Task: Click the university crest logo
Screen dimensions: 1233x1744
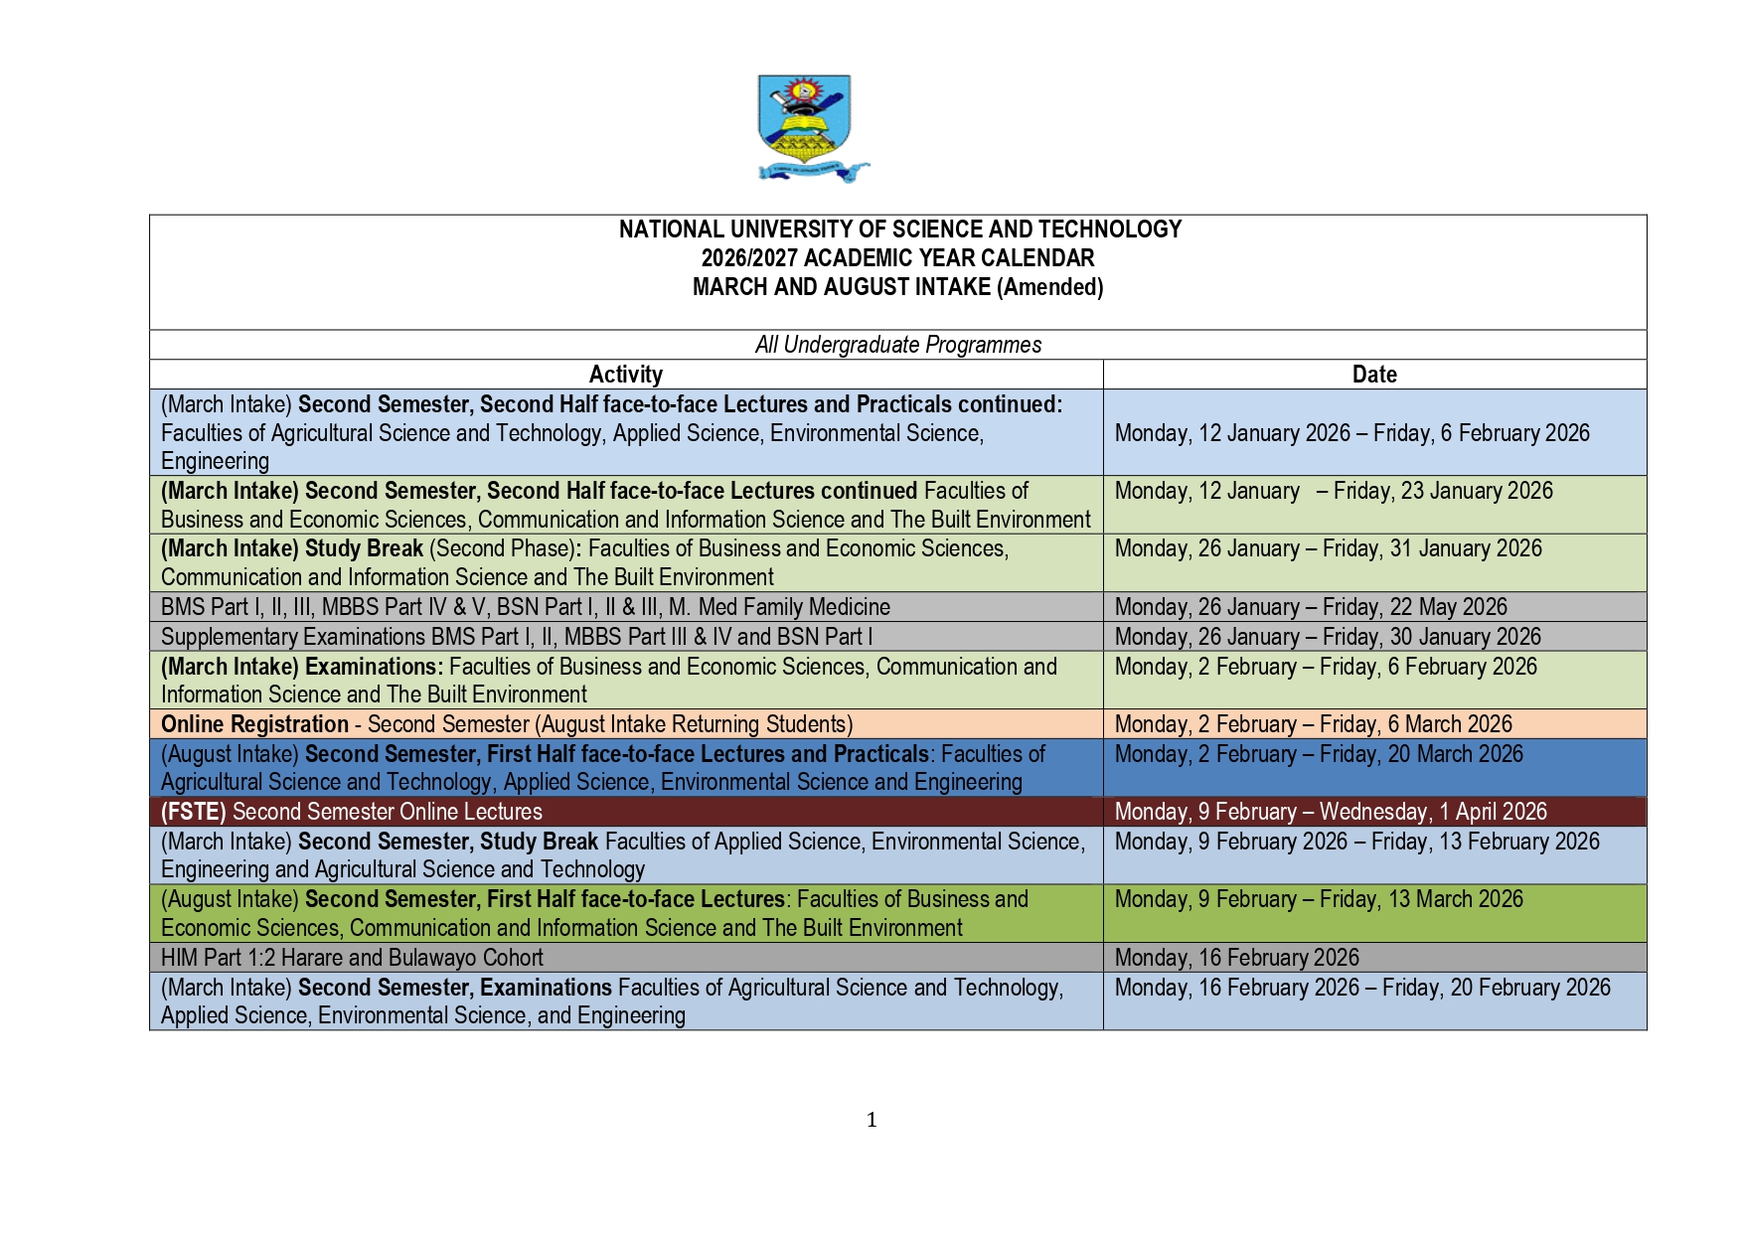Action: tap(807, 127)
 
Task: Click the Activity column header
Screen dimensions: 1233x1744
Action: tap(625, 375)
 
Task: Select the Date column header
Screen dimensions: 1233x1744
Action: tap(1373, 375)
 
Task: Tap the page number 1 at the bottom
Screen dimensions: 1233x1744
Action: tap(872, 1120)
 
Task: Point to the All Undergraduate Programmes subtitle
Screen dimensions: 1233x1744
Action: tap(897, 345)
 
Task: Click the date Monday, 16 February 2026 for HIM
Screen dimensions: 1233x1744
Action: tap(1236, 958)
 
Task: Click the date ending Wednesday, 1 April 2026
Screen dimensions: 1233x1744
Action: tap(1330, 812)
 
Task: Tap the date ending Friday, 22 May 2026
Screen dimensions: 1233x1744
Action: tap(1310, 607)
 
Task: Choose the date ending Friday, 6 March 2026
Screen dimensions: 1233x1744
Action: tap(1313, 724)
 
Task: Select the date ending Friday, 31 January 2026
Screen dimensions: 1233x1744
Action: tap(1328, 548)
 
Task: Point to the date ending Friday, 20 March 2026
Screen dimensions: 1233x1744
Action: tap(1318, 754)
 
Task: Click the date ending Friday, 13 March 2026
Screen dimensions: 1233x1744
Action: tap(1318, 899)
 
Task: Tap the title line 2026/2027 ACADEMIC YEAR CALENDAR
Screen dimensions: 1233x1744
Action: tap(897, 258)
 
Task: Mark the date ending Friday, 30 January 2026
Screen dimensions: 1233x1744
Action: tap(1328, 637)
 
